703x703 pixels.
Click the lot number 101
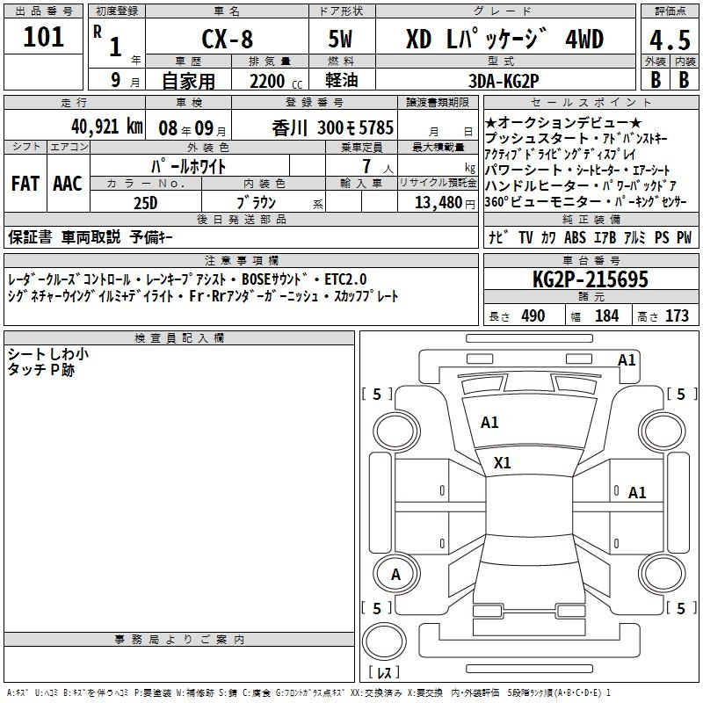pyautogui.click(x=43, y=37)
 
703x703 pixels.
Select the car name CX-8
pyautogui.click(x=228, y=39)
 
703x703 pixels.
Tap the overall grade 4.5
pyautogui.click(x=670, y=40)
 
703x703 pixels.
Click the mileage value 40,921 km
pyautogui.click(x=106, y=127)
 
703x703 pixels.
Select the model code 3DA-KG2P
pyautogui.click(x=504, y=81)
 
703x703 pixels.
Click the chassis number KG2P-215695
pyautogui.click(x=591, y=279)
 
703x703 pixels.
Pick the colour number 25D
pyautogui.click(x=146, y=203)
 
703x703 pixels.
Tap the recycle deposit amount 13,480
pyautogui.click(x=438, y=202)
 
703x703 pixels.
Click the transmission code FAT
pyautogui.click(x=25, y=184)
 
